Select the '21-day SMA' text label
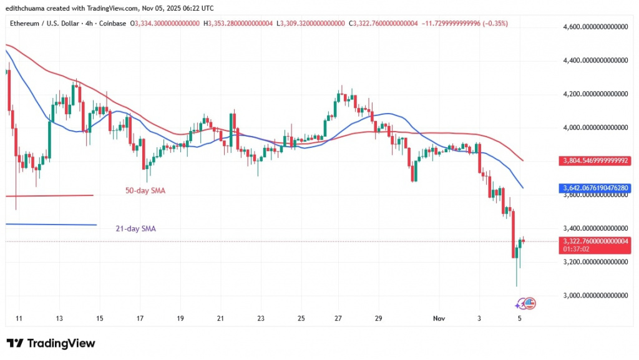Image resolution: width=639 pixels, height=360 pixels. [x=135, y=229]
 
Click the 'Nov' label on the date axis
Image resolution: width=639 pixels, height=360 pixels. [x=439, y=318]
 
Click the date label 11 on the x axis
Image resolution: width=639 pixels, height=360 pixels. [x=19, y=318]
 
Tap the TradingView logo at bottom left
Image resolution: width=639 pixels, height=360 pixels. [x=51, y=343]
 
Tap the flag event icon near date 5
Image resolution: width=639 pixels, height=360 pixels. [x=530, y=304]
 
